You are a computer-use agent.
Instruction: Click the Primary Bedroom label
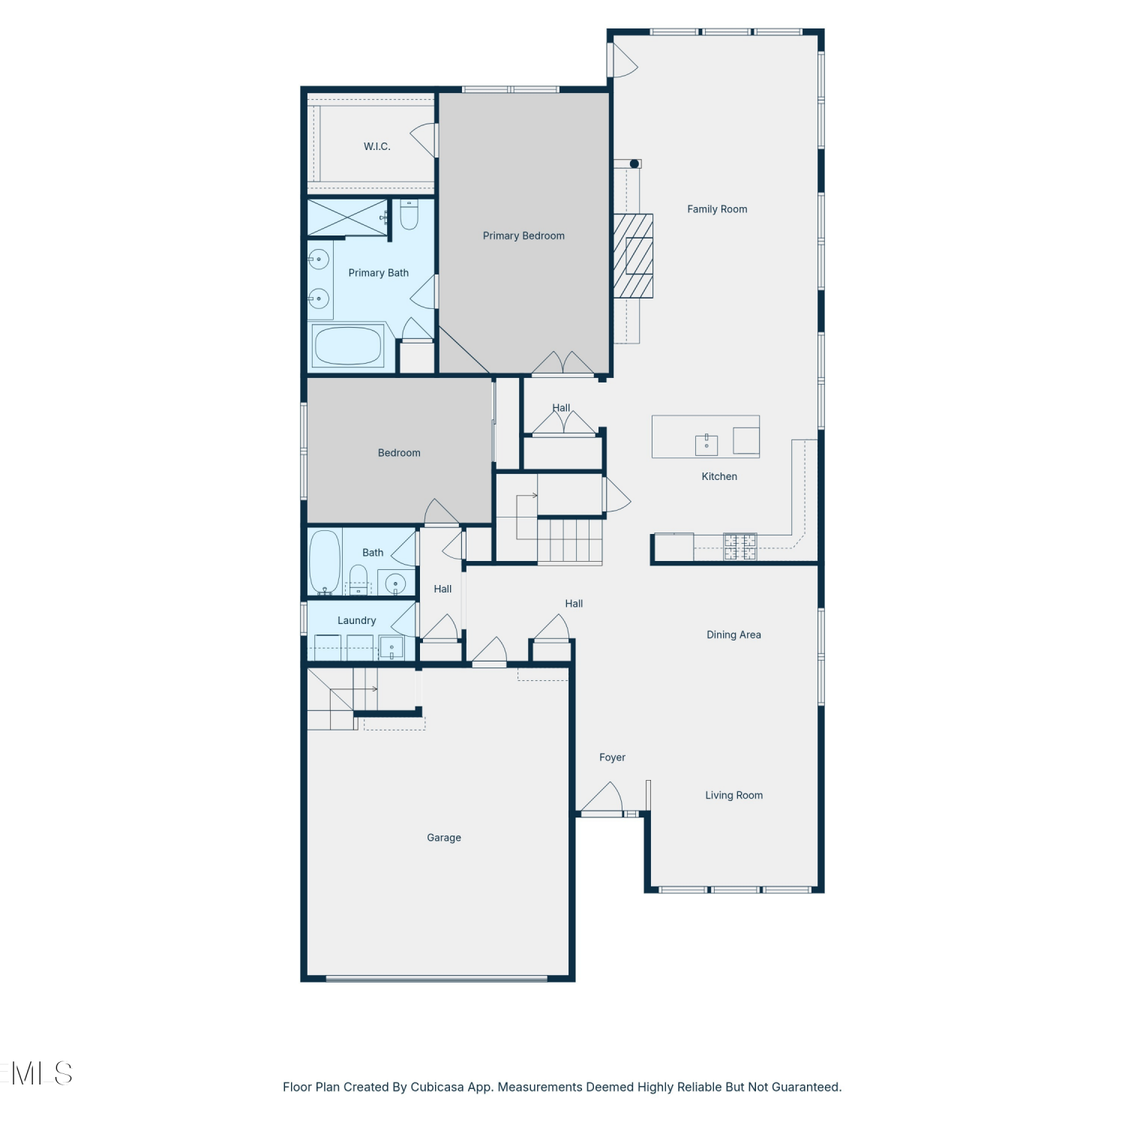[x=523, y=235]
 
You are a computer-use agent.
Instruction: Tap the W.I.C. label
[x=377, y=146]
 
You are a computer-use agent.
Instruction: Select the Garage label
[x=444, y=838]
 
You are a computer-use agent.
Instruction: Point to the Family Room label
[x=717, y=209]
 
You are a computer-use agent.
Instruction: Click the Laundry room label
[x=357, y=620]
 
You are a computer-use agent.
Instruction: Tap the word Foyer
[x=612, y=757]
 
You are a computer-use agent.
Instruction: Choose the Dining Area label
[x=733, y=634]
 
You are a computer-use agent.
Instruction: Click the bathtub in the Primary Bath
[x=349, y=346]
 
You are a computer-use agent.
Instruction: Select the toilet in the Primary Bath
[x=409, y=214]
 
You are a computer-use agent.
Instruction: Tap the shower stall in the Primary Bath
[x=347, y=217]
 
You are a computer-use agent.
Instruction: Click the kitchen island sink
[x=706, y=445]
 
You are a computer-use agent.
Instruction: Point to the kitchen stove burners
[x=740, y=546]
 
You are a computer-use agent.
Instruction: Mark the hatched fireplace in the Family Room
[x=634, y=256]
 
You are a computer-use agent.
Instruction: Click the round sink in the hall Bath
[x=395, y=583]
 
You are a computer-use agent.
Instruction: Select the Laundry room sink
[x=391, y=647]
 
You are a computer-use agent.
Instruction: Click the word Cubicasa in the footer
[x=436, y=1087]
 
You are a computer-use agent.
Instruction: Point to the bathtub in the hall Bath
[x=325, y=562]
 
